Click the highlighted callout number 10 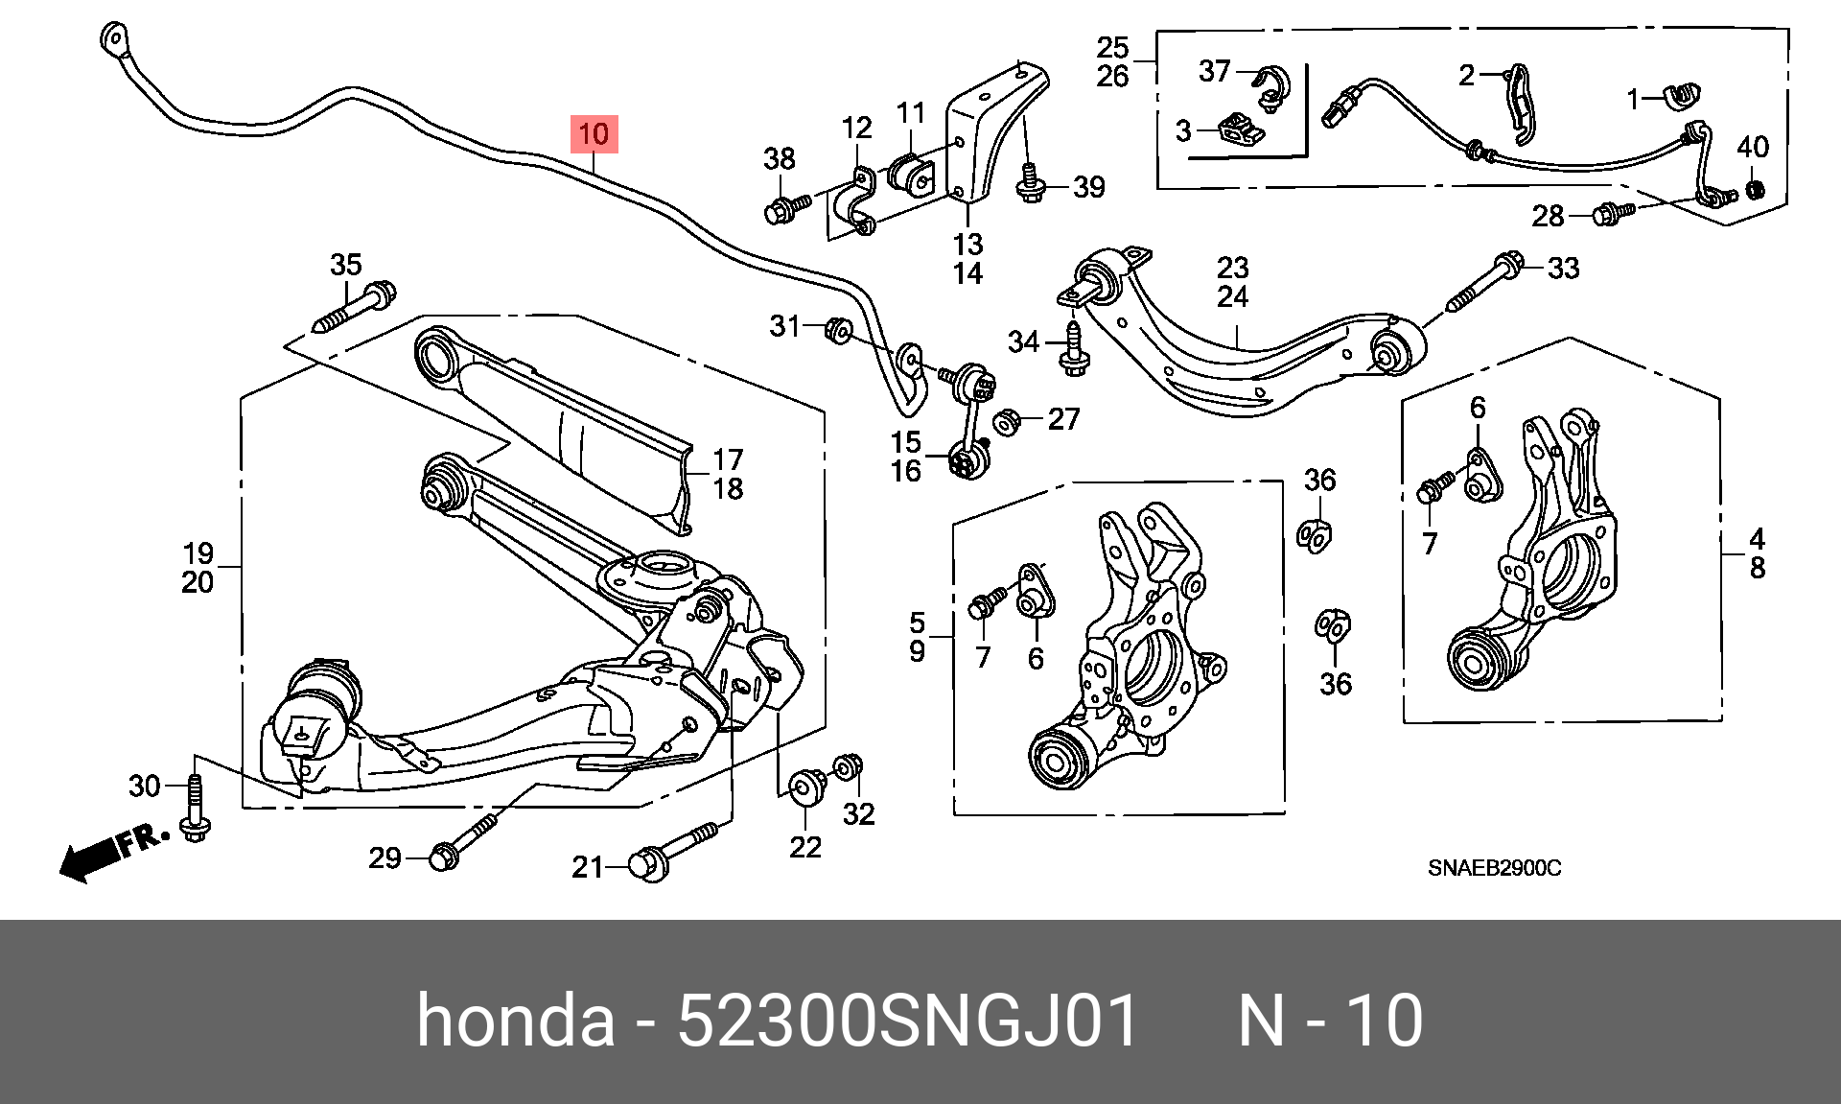[594, 134]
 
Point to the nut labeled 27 [1006, 421]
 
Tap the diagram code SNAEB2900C [1494, 868]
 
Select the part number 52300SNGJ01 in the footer [907, 1020]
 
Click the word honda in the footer [515, 1020]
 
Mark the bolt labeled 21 [672, 850]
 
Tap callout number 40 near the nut [1753, 147]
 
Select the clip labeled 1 [1680, 94]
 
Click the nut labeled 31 [839, 329]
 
